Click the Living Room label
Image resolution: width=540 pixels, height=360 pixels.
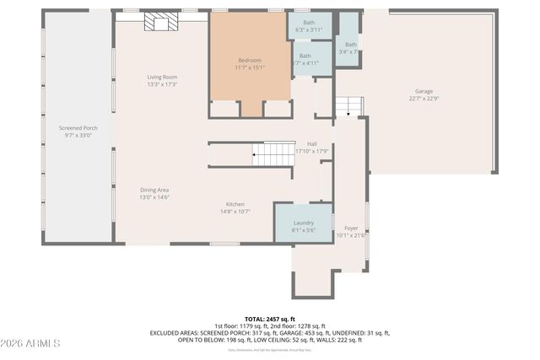(162, 77)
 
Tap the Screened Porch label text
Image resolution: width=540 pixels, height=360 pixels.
(78, 127)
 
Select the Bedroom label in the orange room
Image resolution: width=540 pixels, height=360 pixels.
(250, 61)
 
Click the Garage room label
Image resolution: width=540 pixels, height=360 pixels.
(424, 91)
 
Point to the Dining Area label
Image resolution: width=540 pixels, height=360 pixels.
(154, 189)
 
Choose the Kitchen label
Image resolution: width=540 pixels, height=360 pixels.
(235, 204)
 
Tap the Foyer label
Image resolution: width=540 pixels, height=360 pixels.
(351, 228)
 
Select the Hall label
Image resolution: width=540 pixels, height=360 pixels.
(311, 144)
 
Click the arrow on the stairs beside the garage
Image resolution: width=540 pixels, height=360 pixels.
(342, 113)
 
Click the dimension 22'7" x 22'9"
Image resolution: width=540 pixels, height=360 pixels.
(424, 99)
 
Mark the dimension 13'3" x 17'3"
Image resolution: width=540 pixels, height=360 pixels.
(162, 84)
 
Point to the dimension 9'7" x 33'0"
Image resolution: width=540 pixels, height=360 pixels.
(78, 135)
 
